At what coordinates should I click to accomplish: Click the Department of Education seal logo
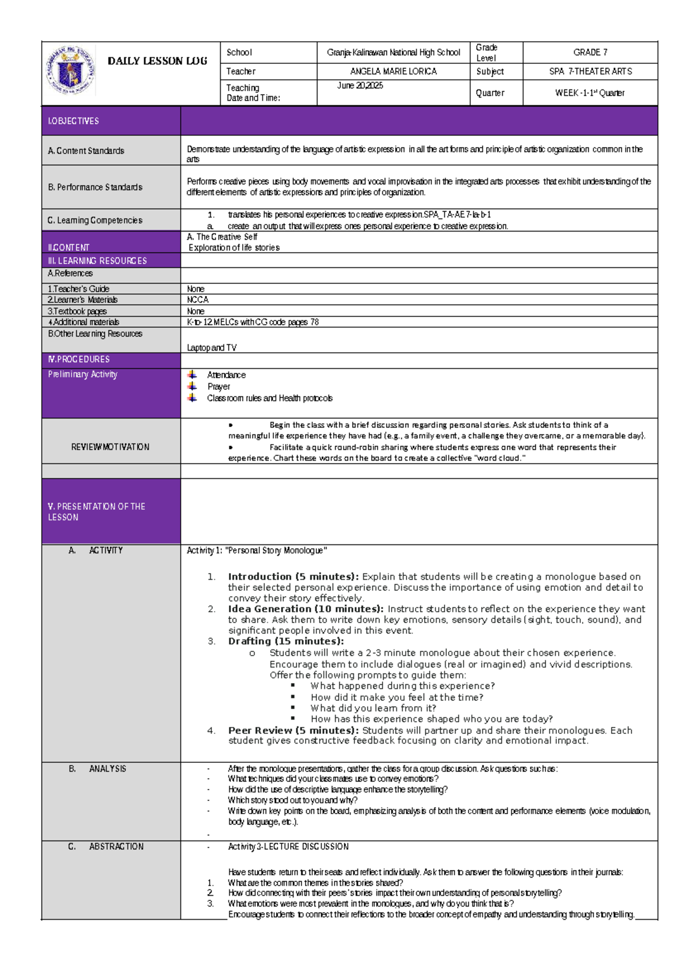tap(70, 71)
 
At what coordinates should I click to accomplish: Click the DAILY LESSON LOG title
tap(157, 61)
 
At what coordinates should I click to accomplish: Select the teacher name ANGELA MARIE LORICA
tap(393, 71)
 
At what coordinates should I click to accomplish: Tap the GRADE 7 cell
tap(590, 52)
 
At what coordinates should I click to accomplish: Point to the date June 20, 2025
tap(360, 86)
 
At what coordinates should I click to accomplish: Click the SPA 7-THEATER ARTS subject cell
tap(590, 71)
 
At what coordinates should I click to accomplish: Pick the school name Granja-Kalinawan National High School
tap(393, 52)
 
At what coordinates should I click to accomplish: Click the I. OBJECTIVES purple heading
tap(74, 121)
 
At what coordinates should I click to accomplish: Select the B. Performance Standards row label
tap(95, 187)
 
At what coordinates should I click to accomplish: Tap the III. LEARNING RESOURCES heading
tap(97, 261)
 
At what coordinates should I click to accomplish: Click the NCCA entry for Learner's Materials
tap(198, 299)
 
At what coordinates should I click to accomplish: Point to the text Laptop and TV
tap(211, 347)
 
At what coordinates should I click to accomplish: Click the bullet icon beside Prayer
tap(193, 386)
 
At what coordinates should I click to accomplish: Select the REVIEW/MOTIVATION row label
tap(110, 447)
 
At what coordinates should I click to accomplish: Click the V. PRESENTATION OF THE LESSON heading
tap(96, 511)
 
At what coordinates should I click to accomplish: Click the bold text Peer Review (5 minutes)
tap(293, 730)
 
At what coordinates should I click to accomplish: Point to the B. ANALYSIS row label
tap(97, 769)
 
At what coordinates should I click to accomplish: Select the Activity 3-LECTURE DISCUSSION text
tap(288, 847)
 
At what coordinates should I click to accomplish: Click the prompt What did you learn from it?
tap(373, 708)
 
